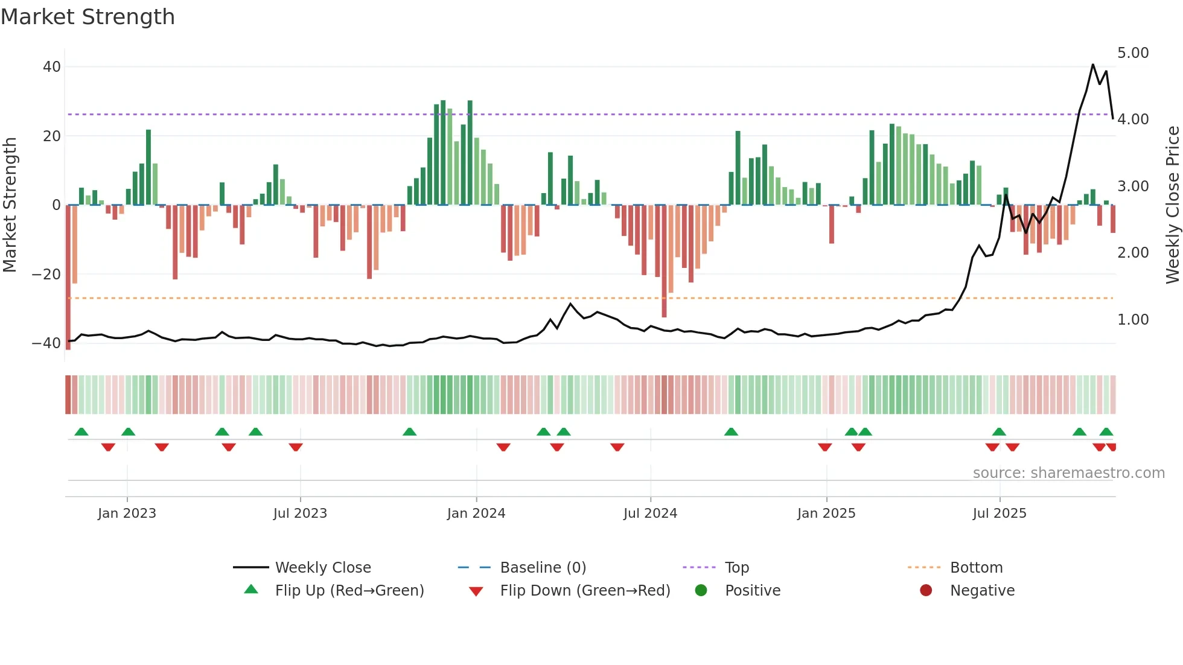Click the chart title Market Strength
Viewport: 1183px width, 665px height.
[x=88, y=17]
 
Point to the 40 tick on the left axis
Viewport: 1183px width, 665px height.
[x=52, y=67]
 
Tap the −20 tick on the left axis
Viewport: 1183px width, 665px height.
[x=46, y=275]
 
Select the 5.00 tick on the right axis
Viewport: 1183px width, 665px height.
[x=1133, y=53]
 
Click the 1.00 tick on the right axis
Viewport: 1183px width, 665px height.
[x=1133, y=320]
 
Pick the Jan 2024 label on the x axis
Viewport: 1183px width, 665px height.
[x=476, y=514]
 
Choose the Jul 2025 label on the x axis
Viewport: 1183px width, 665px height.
[x=1000, y=514]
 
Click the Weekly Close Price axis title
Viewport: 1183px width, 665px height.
[x=1172, y=205]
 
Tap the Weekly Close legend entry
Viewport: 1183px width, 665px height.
[x=323, y=568]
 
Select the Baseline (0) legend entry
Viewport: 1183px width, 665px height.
[x=543, y=568]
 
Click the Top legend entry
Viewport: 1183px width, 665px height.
[x=737, y=568]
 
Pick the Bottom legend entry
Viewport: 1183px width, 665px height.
[x=976, y=568]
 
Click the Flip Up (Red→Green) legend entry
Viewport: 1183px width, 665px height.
[x=349, y=591]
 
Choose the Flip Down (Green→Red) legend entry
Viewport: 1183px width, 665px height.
[x=585, y=591]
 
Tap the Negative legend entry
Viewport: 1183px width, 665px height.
[x=982, y=591]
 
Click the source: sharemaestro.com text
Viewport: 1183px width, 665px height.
[x=1068, y=473]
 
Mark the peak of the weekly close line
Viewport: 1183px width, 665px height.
[x=1092, y=65]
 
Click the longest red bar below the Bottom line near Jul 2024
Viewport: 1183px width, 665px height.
[x=664, y=261]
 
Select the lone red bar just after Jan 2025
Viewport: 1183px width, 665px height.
[x=832, y=224]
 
